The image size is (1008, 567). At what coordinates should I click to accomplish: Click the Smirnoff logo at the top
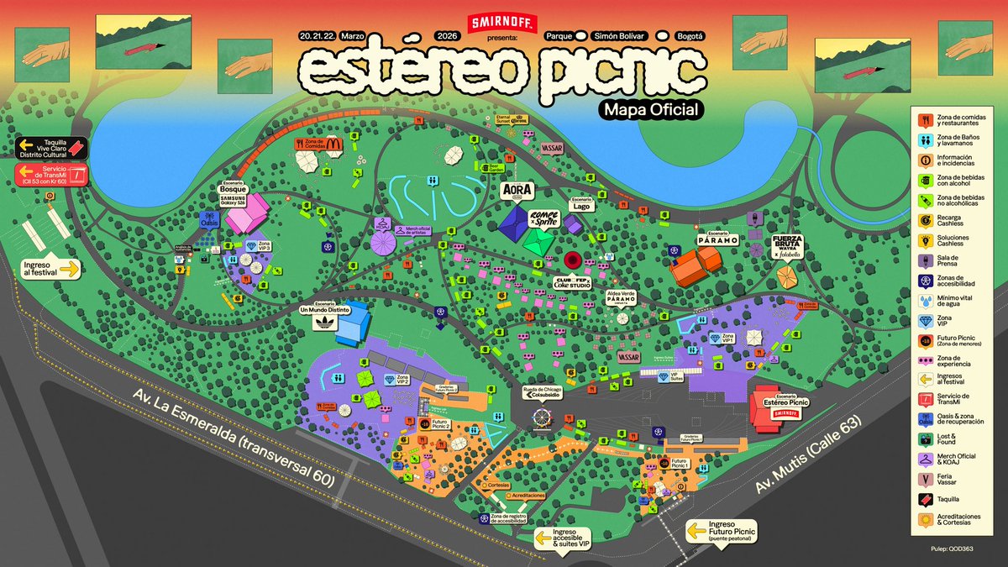[x=494, y=23]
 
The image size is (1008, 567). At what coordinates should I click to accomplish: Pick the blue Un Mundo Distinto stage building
[x=354, y=323]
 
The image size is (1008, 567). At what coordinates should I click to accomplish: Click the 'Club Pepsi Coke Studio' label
[x=572, y=284]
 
